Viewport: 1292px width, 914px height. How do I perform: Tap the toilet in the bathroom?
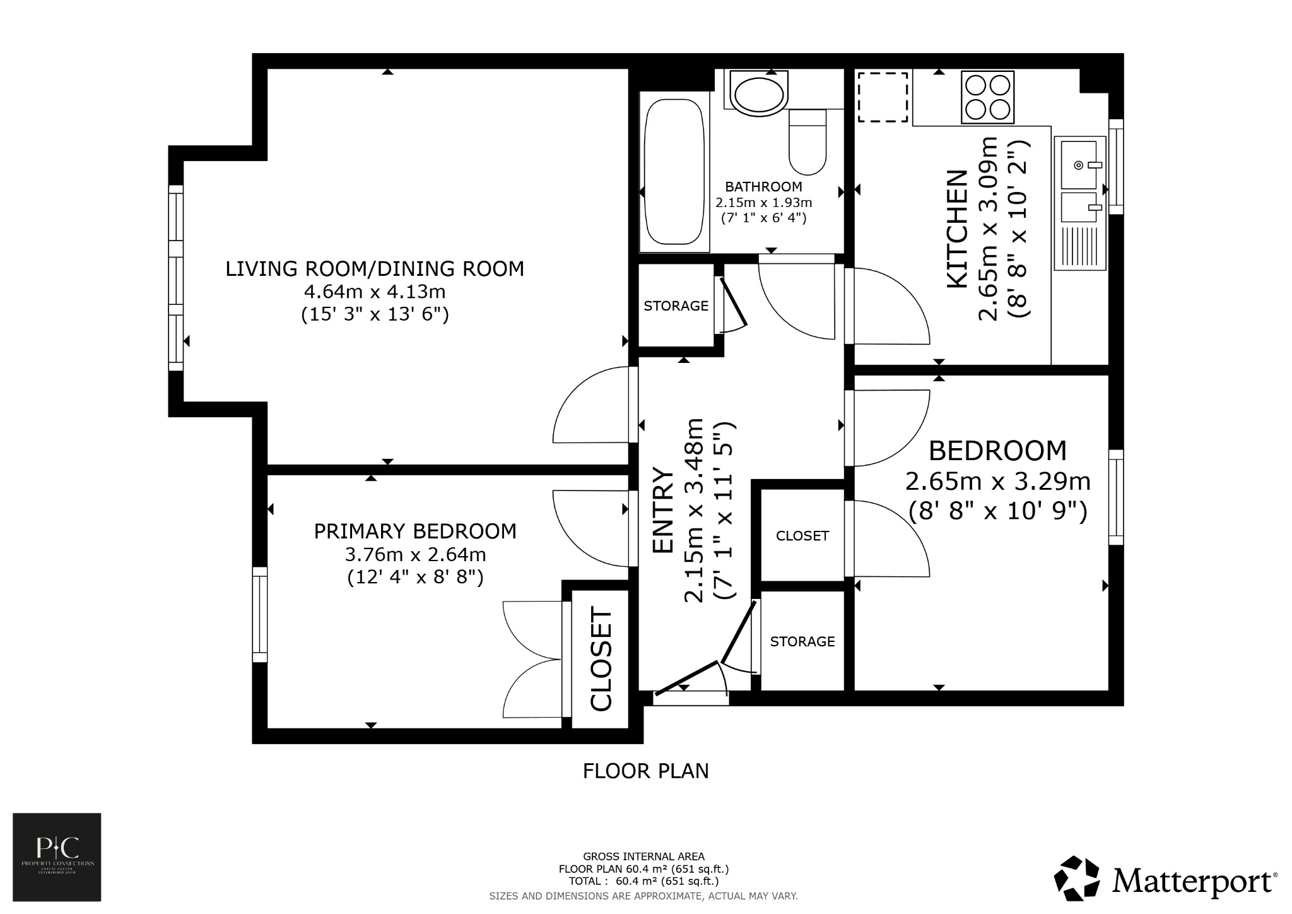pos(807,143)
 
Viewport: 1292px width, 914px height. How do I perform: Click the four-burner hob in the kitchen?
pos(987,97)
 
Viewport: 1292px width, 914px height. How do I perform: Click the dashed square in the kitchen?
pos(883,97)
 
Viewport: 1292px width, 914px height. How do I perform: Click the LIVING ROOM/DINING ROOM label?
pos(375,269)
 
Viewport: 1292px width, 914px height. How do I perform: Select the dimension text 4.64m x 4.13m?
pos(375,292)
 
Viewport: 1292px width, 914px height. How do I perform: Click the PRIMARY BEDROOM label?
pos(415,531)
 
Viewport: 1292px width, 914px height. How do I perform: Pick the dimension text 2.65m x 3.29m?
pos(997,482)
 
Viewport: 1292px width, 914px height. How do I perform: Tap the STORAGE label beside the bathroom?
pos(676,306)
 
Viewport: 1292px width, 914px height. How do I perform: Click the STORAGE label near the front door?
pos(802,642)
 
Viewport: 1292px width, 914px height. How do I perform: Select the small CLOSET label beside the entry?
pos(802,536)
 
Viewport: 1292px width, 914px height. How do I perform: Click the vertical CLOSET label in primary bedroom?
pos(601,659)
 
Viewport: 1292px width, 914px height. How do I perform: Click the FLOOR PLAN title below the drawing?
pos(645,771)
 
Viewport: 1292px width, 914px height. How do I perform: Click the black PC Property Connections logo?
pos(57,857)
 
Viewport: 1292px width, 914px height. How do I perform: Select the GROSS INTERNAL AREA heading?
pos(643,857)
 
